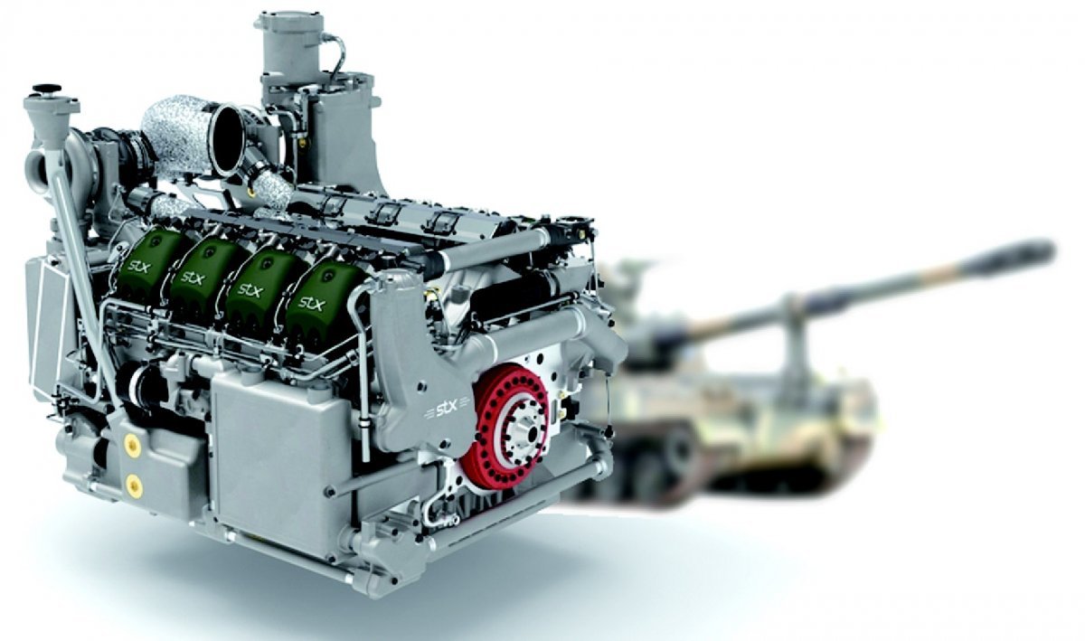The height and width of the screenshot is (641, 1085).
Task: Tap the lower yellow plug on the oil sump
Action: tap(133, 485)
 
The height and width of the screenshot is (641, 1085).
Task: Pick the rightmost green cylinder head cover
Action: tap(321, 297)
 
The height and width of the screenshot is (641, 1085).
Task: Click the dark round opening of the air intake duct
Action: tap(229, 139)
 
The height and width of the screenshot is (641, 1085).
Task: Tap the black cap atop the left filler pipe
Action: tap(47, 90)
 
